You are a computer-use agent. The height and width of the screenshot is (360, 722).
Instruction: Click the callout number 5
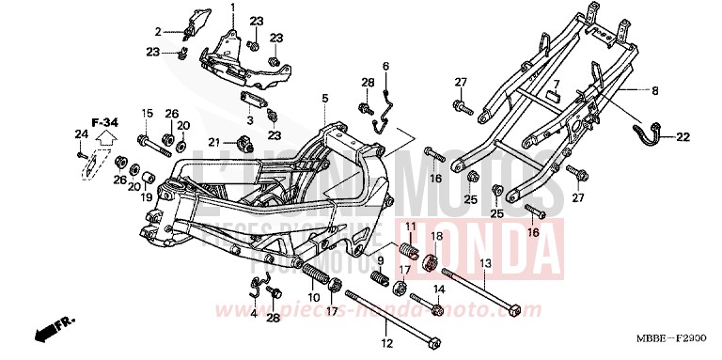324,99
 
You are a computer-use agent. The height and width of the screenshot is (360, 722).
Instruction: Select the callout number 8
656,91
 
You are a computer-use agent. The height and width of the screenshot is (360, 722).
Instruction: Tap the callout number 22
683,137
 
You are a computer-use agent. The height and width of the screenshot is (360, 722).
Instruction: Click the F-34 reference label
104,121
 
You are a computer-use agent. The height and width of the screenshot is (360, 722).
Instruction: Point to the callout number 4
254,313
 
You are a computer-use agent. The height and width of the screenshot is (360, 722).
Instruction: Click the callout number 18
435,235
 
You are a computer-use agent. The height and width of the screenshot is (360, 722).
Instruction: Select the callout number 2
159,31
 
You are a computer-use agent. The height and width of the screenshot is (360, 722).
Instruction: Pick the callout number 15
146,114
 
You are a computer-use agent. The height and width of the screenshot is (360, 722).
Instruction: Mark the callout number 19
147,197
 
